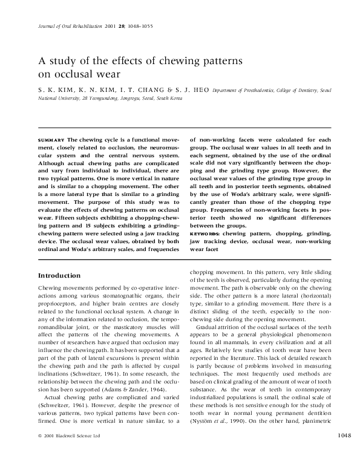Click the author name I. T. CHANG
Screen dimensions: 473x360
click(x=143, y=89)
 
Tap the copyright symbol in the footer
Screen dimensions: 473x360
click(x=39, y=453)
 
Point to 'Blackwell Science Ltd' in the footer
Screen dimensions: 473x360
click(x=79, y=453)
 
